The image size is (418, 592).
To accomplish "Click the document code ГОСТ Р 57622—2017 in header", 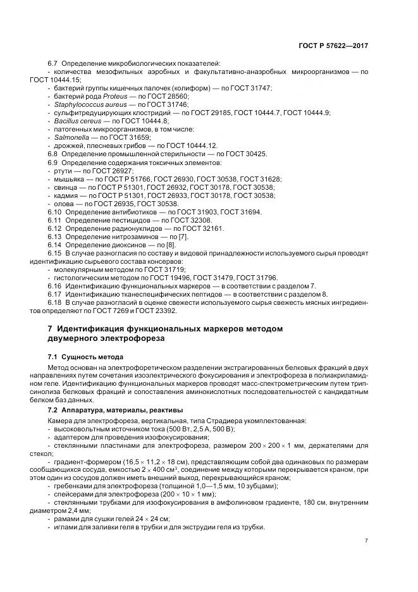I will click(333, 46).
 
